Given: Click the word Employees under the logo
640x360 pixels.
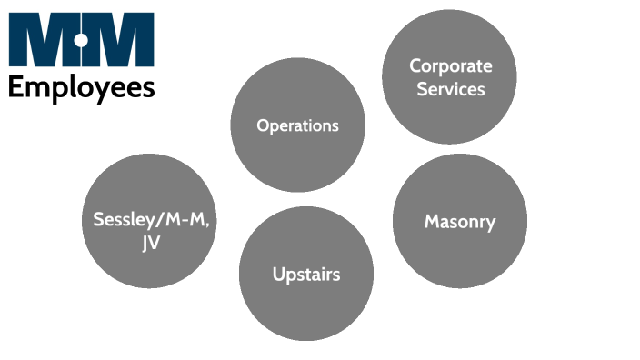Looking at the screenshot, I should pyautogui.click(x=82, y=88).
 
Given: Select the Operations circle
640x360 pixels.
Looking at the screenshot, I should pyautogui.click(x=297, y=125).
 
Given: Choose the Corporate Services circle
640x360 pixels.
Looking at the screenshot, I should pyautogui.click(x=449, y=77).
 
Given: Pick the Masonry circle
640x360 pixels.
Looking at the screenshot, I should pyautogui.click(x=460, y=221).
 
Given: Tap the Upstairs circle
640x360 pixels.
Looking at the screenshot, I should pyautogui.click(x=306, y=274).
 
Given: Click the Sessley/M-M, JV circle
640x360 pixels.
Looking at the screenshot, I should pyautogui.click(x=149, y=221).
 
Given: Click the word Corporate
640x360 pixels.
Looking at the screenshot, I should pyautogui.click(x=450, y=66).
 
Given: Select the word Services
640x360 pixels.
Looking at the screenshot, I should pyautogui.click(x=450, y=89).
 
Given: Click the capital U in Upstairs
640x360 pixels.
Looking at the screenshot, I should pyautogui.click(x=278, y=273).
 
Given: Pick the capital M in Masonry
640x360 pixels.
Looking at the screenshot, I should pyautogui.click(x=431, y=221).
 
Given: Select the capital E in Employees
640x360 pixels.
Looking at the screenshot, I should pyautogui.click(x=15, y=87).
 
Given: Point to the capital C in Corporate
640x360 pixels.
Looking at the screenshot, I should pyautogui.click(x=415, y=66).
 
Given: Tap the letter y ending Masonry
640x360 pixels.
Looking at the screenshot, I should pyautogui.click(x=491, y=224).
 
